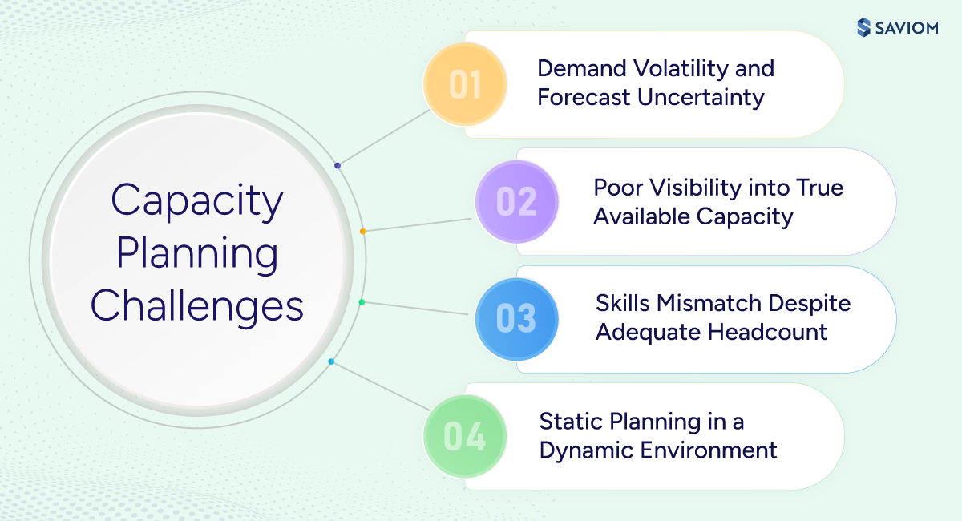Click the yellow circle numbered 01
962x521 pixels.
pos(465,85)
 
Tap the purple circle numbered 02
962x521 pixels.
pos(516,201)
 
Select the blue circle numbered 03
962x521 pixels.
pos(516,318)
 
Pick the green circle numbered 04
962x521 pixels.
pos(465,436)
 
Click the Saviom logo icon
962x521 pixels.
pos(863,27)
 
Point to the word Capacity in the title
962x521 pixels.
pos(197,200)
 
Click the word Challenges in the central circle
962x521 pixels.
pos(197,306)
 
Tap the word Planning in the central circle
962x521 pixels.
pos(197,253)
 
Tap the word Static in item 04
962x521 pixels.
pos(572,421)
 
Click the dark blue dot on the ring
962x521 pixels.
pos(338,166)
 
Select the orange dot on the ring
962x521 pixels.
pos(363,232)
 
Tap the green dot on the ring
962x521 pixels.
pos(362,302)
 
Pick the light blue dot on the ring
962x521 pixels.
pos(331,361)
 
